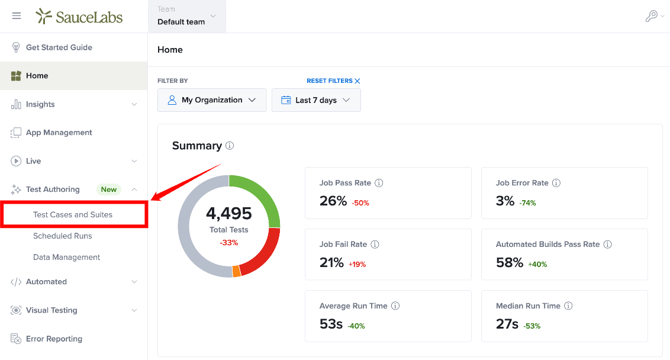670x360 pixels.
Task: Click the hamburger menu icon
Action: point(17,16)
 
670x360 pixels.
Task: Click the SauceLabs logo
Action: point(79,16)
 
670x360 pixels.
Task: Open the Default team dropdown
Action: point(187,16)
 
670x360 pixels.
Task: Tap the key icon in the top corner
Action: point(651,16)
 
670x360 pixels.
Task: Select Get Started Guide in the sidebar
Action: point(59,47)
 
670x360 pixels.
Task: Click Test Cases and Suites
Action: point(73,214)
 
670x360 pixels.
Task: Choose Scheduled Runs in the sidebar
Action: point(62,236)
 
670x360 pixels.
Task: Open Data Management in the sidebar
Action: point(67,258)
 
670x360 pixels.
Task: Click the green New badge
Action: point(108,189)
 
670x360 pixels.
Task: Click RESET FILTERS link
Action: point(333,81)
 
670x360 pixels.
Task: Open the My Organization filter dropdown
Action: point(212,100)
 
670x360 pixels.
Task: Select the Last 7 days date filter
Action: point(316,100)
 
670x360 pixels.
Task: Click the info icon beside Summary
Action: point(230,146)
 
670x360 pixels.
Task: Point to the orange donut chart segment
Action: point(236,272)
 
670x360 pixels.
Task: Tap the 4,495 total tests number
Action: point(229,213)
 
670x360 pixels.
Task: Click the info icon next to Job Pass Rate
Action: point(379,183)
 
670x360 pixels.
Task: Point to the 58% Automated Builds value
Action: point(510,262)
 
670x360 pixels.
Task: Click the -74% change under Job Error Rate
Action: point(528,203)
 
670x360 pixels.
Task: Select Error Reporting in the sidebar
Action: point(54,339)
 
